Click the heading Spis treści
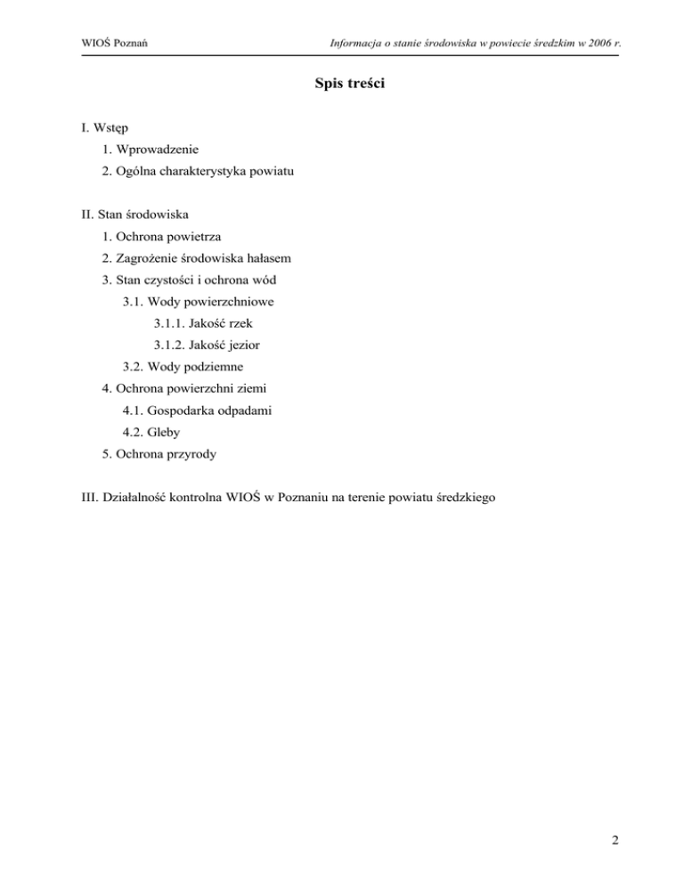342,85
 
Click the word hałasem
265,259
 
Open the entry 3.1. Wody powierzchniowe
198,302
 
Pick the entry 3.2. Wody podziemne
183,366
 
